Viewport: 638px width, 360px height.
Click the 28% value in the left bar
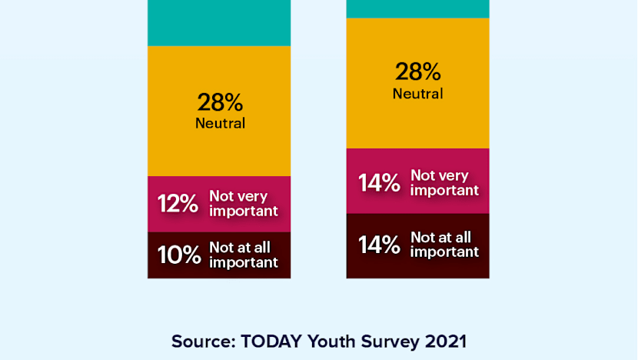pyautogui.click(x=220, y=102)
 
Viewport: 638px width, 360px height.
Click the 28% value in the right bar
pyautogui.click(x=417, y=72)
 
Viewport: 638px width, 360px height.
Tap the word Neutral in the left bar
pyautogui.click(x=220, y=123)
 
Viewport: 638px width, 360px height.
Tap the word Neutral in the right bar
pyautogui.click(x=417, y=93)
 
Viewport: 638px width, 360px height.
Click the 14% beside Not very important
pyautogui.click(x=379, y=183)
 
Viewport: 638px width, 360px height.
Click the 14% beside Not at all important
pyautogui.click(x=379, y=245)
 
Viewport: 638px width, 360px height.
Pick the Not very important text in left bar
pyautogui.click(x=243, y=204)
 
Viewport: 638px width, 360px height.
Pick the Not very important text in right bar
pyautogui.click(x=444, y=182)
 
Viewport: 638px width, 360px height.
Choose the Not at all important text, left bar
pyautogui.click(x=243, y=255)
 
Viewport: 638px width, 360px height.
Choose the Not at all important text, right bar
pyautogui.click(x=444, y=244)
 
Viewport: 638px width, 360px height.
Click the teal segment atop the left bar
pyautogui.click(x=219, y=23)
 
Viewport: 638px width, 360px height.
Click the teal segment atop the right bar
pyautogui.click(x=417, y=8)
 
